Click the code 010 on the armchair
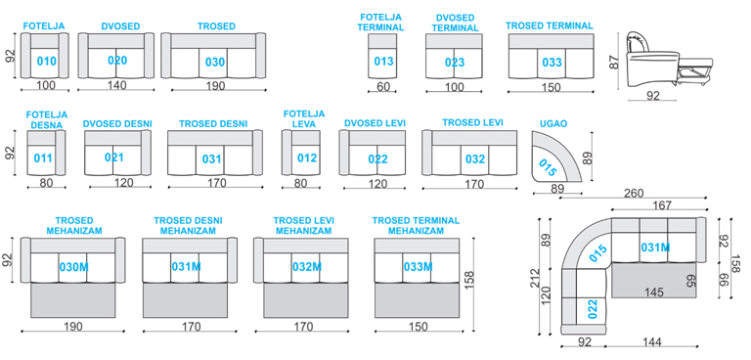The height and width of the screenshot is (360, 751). (x=47, y=62)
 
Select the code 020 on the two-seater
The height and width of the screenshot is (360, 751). (x=117, y=61)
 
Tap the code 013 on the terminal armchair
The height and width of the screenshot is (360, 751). (x=383, y=61)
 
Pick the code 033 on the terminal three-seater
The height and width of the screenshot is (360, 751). (x=552, y=63)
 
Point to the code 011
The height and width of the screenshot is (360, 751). (x=43, y=157)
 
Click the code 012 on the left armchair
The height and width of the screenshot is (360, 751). (x=307, y=157)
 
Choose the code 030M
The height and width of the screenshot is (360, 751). (x=73, y=267)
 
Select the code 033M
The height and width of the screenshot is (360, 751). (x=418, y=266)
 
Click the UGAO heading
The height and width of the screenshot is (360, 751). (x=553, y=123)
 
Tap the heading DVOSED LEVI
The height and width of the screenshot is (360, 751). (x=375, y=123)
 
